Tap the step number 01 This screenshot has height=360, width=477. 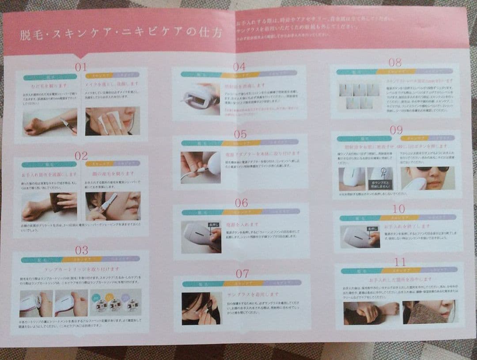click(81, 67)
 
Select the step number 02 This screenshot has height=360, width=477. click(81, 155)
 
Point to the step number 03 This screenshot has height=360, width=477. click(81, 250)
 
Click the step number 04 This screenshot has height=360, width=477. click(239, 67)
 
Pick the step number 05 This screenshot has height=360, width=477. click(240, 134)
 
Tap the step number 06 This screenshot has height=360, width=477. click(241, 203)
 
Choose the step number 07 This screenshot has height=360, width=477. click(242, 273)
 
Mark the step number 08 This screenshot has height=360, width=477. click(394, 62)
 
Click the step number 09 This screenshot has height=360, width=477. click(396, 130)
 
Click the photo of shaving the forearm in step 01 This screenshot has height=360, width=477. click(49, 121)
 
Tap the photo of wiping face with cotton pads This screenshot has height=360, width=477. click(112, 121)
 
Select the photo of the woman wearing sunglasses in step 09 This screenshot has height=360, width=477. click(428, 178)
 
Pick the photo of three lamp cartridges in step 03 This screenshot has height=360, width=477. click(116, 303)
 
